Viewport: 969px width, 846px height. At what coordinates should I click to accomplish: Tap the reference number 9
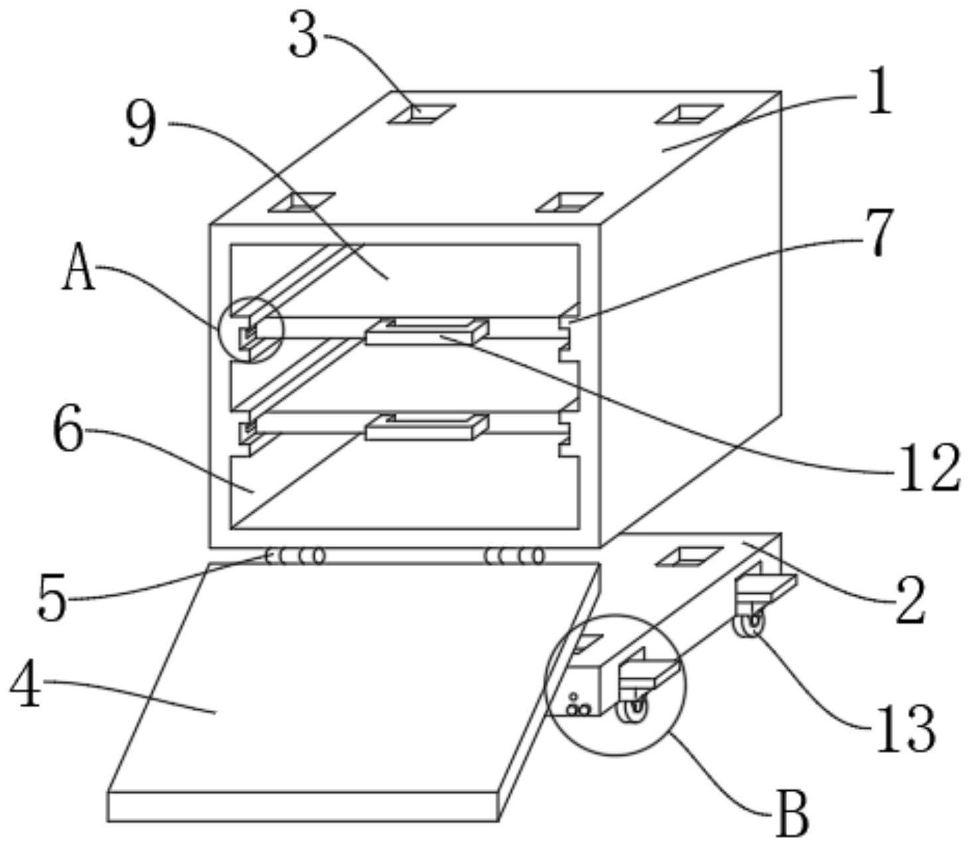click(141, 125)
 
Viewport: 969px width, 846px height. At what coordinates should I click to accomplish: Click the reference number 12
click(928, 468)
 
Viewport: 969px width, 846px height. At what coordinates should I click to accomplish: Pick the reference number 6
click(68, 431)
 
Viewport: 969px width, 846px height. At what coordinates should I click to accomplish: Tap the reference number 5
click(52, 599)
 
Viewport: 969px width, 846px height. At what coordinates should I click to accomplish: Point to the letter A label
click(78, 267)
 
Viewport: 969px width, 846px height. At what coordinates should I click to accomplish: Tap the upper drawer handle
click(427, 332)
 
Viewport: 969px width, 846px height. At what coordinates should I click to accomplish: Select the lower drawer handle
click(427, 427)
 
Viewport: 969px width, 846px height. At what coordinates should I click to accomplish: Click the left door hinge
click(296, 556)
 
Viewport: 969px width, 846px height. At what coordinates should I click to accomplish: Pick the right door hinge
click(514, 556)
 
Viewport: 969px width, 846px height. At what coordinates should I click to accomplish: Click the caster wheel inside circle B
click(632, 712)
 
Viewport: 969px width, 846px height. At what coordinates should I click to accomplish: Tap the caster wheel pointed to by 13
click(748, 624)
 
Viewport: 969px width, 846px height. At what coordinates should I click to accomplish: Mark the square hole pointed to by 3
click(421, 113)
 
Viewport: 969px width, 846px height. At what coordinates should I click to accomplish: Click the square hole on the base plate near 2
click(688, 556)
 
